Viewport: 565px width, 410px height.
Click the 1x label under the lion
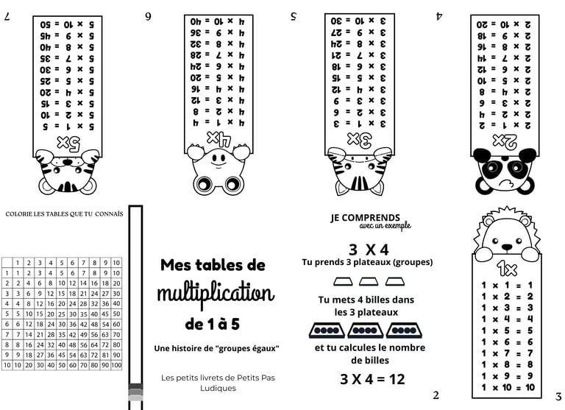pyautogui.click(x=506, y=266)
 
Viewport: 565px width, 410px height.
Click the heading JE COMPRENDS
pyautogui.click(x=366, y=218)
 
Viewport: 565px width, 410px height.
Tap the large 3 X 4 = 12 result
pyautogui.click(x=372, y=379)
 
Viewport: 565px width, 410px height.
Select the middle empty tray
pyautogui.click(x=369, y=281)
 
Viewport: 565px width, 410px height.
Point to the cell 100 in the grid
pyautogui.click(x=116, y=365)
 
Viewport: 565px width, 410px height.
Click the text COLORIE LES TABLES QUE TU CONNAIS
pyautogui.click(x=63, y=214)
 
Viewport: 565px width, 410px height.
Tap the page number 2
pyautogui.click(x=436, y=395)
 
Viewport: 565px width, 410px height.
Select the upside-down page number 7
pyautogui.click(x=7, y=15)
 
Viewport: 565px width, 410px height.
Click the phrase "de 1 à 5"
pyautogui.click(x=213, y=324)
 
